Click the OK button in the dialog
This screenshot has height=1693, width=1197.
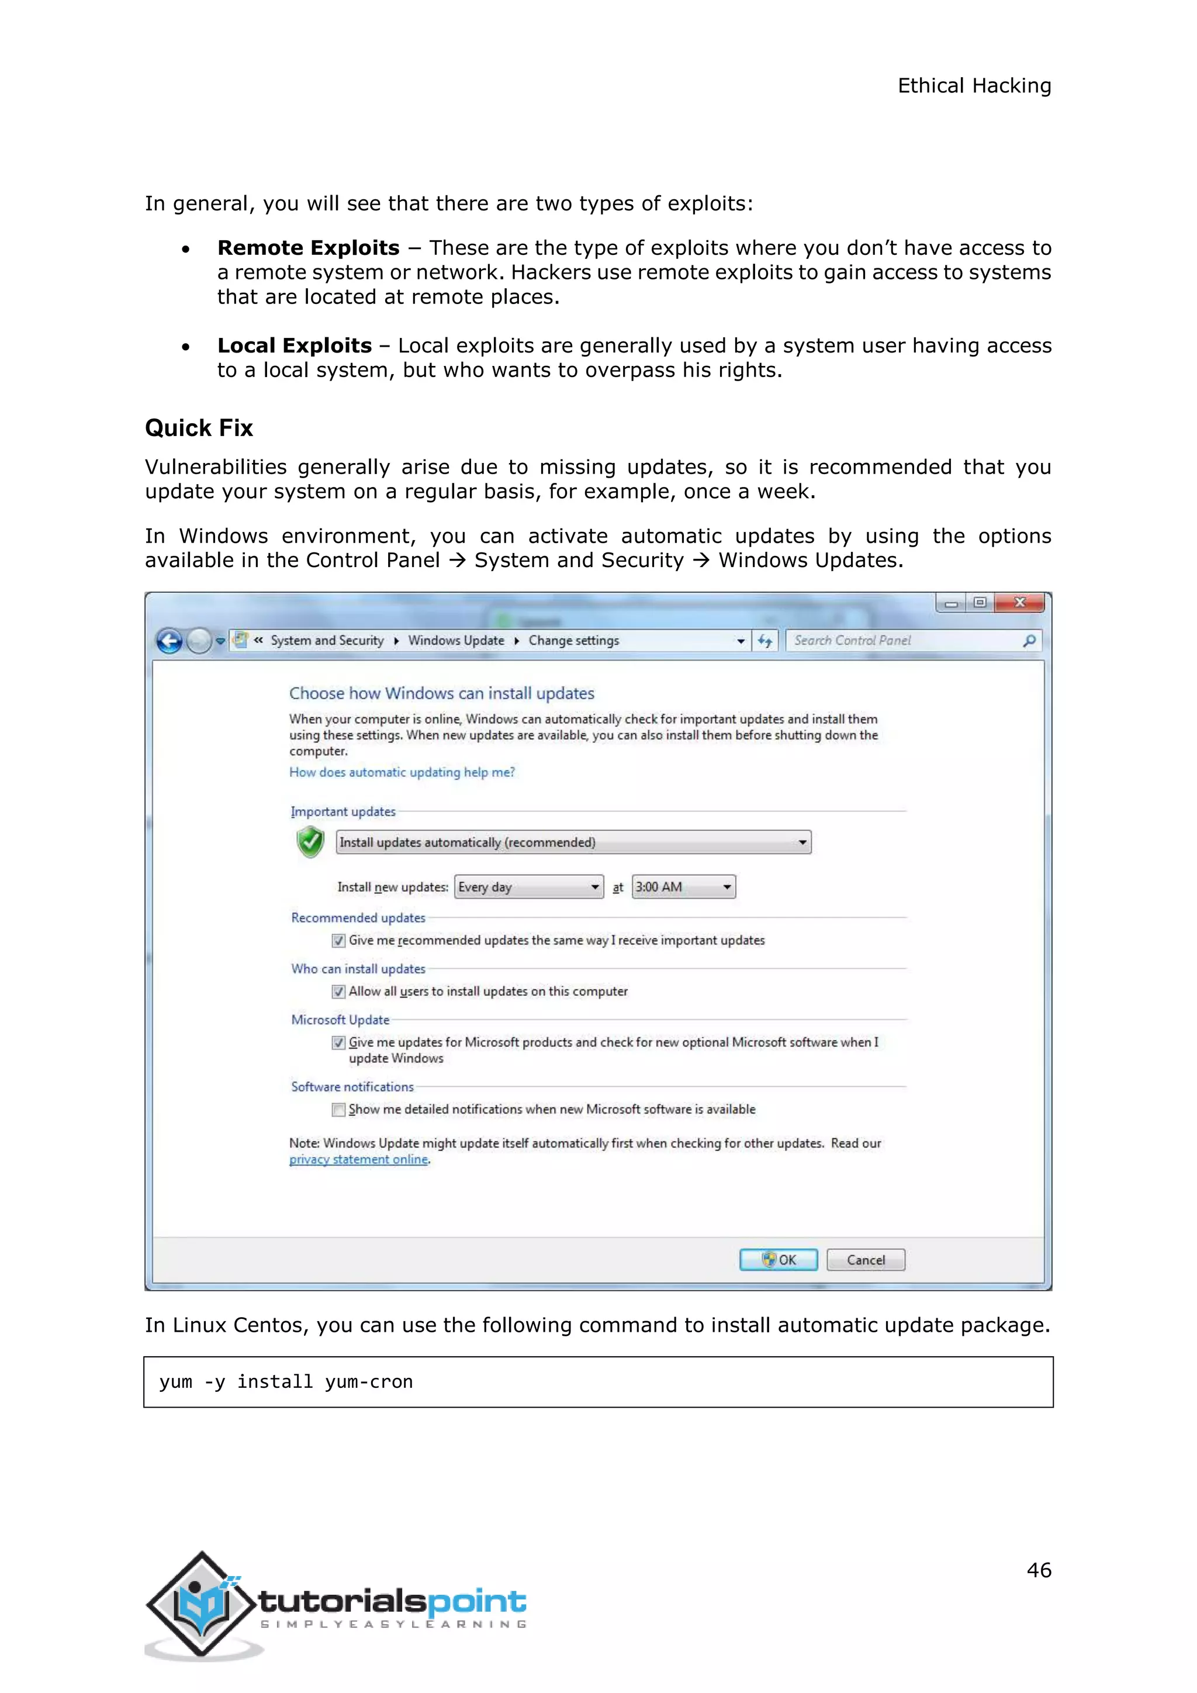(779, 1259)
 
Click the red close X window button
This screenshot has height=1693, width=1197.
(1019, 603)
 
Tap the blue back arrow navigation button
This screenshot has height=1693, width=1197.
(169, 641)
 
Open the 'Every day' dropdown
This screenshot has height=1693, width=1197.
(528, 887)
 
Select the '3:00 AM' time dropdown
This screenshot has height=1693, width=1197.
(683, 887)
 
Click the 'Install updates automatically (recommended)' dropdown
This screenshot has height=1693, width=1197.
(573, 842)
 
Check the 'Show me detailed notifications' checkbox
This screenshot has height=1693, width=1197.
(338, 1110)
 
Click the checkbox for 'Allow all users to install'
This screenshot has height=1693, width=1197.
(338, 991)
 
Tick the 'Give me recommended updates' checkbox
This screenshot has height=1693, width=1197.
(338, 941)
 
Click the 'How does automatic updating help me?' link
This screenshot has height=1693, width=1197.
(402, 772)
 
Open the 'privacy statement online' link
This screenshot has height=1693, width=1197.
(358, 1159)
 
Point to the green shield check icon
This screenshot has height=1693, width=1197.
(310, 841)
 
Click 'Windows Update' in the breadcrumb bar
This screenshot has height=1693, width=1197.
(456, 641)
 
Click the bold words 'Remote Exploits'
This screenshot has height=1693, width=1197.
(308, 248)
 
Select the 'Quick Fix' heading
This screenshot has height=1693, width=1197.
(198, 428)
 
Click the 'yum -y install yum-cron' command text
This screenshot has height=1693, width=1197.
(286, 1382)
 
